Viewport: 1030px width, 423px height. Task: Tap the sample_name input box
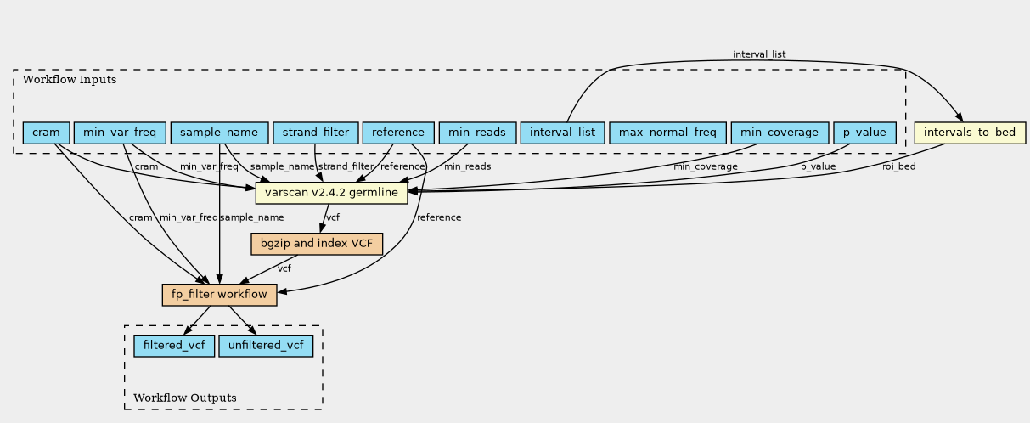pyautogui.click(x=218, y=133)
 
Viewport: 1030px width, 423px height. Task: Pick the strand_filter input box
pyautogui.click(x=315, y=133)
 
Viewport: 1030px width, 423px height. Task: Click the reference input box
pyautogui.click(x=397, y=133)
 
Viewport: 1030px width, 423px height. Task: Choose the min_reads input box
pyautogui.click(x=477, y=133)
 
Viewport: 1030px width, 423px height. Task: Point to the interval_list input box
pyautogui.click(x=562, y=133)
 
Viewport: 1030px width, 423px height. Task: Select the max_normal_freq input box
pyautogui.click(x=667, y=133)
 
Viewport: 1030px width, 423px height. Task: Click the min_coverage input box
pyautogui.click(x=779, y=133)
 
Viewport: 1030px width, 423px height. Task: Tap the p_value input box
pyautogui.click(x=864, y=133)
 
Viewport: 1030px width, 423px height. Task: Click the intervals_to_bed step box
pyautogui.click(x=970, y=133)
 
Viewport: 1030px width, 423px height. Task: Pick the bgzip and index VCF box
pyautogui.click(x=317, y=244)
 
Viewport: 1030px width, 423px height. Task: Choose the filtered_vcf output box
pyautogui.click(x=174, y=346)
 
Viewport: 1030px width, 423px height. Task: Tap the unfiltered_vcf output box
pyautogui.click(x=266, y=346)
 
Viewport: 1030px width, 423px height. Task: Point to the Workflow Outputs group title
pyautogui.click(x=185, y=398)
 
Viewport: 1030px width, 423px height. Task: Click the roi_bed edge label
pyautogui.click(x=898, y=166)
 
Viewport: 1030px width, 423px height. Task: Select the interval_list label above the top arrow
pyautogui.click(x=759, y=54)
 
